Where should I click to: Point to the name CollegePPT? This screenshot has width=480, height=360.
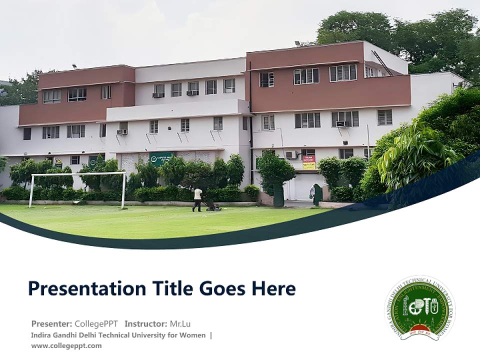pyautogui.click(x=96, y=323)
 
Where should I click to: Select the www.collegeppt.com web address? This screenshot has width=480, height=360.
pyautogui.click(x=66, y=345)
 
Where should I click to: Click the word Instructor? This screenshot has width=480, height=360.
pyautogui.click(x=145, y=323)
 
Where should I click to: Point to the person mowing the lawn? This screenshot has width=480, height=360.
pyautogui.click(x=198, y=199)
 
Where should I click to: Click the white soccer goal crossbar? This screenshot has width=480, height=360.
pyautogui.click(x=78, y=174)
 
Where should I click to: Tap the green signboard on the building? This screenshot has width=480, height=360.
pyautogui.click(x=161, y=158)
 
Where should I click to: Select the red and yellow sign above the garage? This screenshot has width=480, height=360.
pyautogui.click(x=309, y=162)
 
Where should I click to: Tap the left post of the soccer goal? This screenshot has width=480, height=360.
pyautogui.click(x=31, y=191)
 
